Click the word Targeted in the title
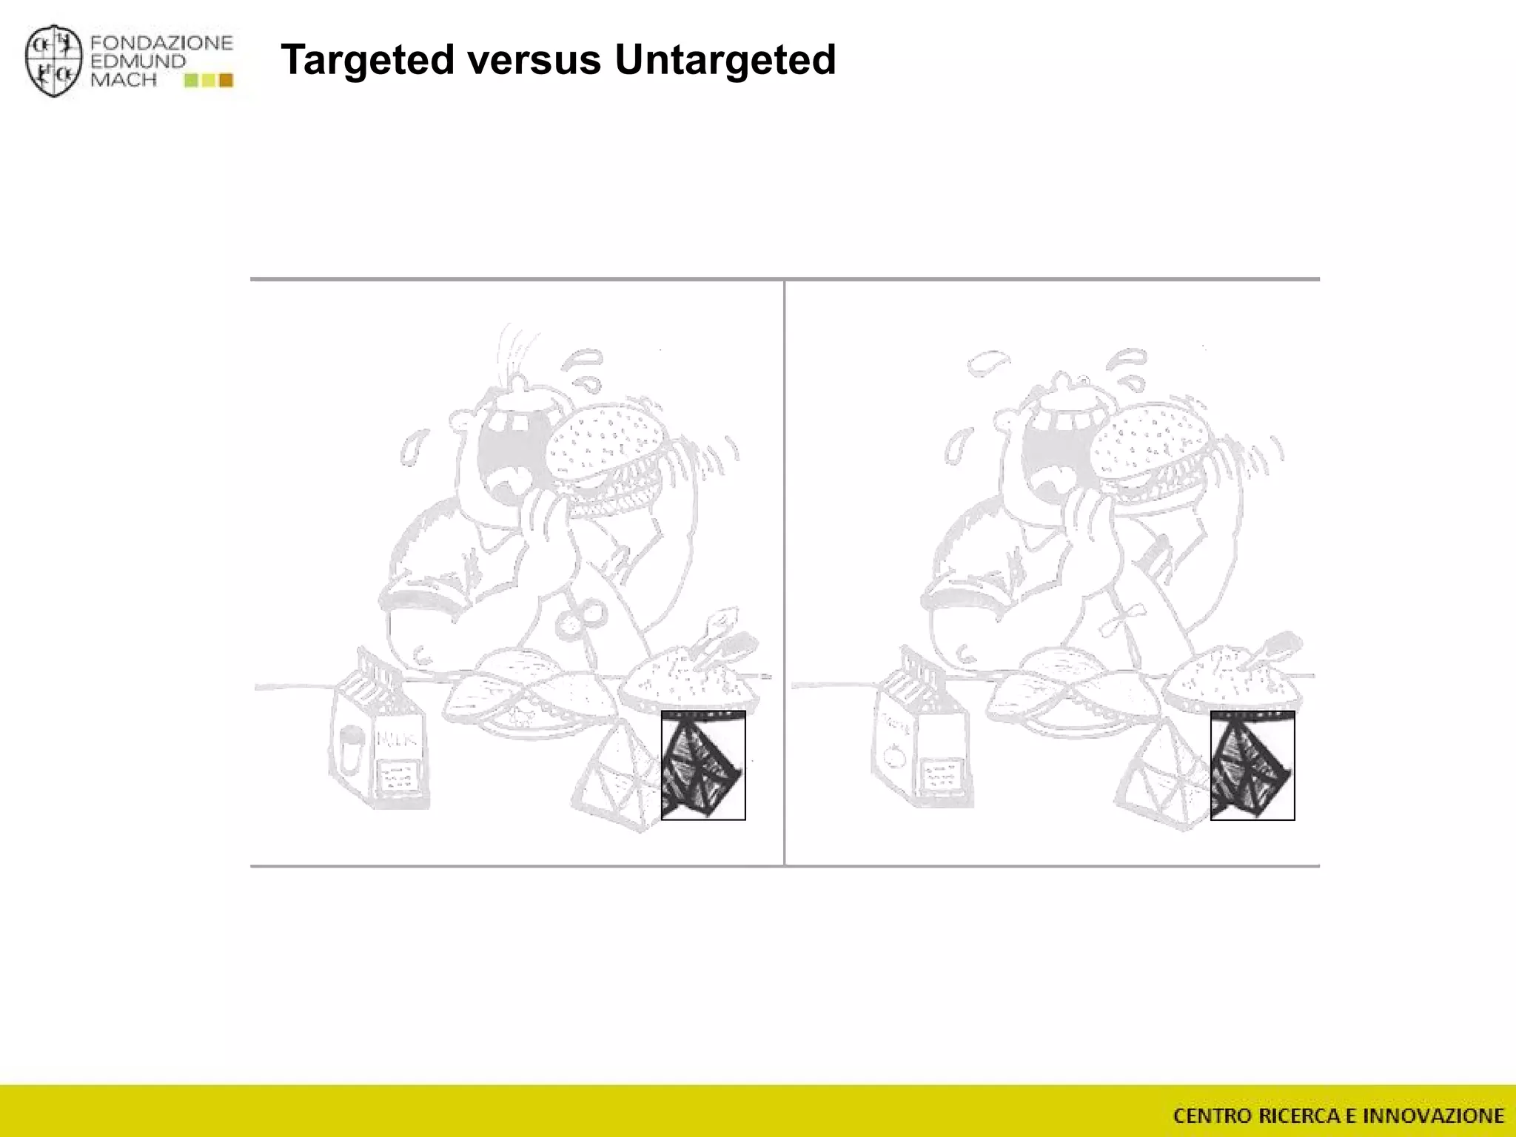point(367,60)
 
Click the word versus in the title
point(534,60)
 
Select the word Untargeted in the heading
point(725,60)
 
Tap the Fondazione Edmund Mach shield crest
point(53,62)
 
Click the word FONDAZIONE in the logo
point(161,43)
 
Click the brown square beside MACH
point(227,80)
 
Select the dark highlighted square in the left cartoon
point(702,765)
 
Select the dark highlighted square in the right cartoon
point(1252,765)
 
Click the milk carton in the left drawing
point(378,740)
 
